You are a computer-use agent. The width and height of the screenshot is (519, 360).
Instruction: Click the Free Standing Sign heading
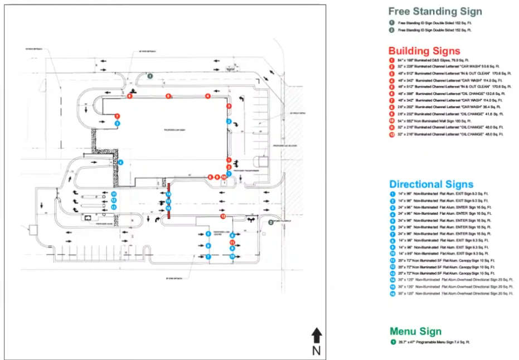click(x=435, y=11)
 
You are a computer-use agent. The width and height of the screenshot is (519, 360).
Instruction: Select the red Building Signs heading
click(x=424, y=51)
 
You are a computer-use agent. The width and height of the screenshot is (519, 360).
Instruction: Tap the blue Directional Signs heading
click(x=431, y=184)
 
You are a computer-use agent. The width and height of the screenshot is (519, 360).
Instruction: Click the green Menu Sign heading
click(x=415, y=332)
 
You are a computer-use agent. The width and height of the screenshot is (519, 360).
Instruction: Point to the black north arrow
click(x=316, y=335)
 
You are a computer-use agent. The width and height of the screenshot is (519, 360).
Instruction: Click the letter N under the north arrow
click(x=316, y=351)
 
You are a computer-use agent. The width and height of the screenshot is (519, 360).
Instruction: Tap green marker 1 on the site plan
click(x=150, y=76)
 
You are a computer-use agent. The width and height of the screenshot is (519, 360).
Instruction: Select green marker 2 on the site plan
click(x=271, y=222)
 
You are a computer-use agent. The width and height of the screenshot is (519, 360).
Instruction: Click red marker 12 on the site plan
click(x=223, y=216)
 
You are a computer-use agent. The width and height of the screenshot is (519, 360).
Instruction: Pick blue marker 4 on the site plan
click(x=121, y=162)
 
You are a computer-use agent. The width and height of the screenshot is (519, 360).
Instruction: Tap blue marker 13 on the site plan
click(x=113, y=207)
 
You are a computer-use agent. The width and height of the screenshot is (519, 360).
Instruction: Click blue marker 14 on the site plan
click(x=168, y=194)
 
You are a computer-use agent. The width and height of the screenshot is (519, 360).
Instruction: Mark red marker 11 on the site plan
click(x=232, y=243)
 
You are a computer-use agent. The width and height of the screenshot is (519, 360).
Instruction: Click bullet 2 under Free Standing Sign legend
click(x=392, y=30)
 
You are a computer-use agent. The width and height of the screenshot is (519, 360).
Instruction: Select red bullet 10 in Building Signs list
click(x=392, y=120)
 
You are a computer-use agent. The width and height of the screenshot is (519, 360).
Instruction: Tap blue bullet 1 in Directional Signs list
click(x=392, y=193)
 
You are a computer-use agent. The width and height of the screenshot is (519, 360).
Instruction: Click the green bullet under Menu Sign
click(x=392, y=342)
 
